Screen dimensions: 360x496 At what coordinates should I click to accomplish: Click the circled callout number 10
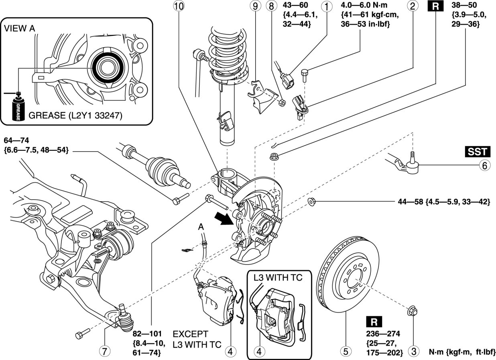click(x=178, y=7)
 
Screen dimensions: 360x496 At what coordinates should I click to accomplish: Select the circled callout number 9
click(x=254, y=7)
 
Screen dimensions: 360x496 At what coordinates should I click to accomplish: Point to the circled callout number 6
click(x=484, y=165)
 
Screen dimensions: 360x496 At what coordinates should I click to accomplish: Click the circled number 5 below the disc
click(x=344, y=351)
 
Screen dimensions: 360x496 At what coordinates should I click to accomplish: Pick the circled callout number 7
click(x=104, y=351)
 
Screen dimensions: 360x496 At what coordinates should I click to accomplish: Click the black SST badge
click(x=478, y=152)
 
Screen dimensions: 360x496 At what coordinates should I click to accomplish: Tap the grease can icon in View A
click(x=18, y=108)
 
